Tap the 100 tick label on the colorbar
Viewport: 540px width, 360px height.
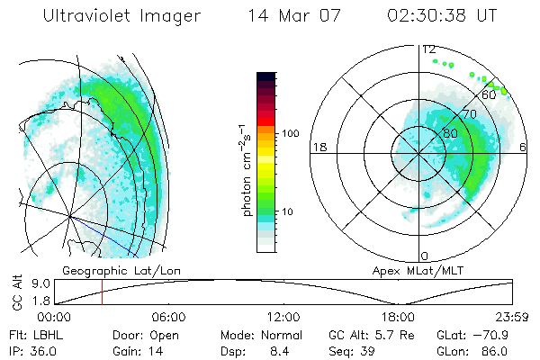pyautogui.click(x=292, y=133)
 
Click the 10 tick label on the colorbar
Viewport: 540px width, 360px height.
pyautogui.click(x=289, y=212)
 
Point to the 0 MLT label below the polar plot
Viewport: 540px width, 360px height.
pyautogui.click(x=425, y=256)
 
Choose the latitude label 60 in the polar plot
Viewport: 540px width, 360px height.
pyautogui.click(x=489, y=94)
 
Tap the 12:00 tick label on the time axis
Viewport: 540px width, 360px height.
pyautogui.click(x=283, y=317)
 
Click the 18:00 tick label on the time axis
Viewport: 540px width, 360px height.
pyautogui.click(x=398, y=317)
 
